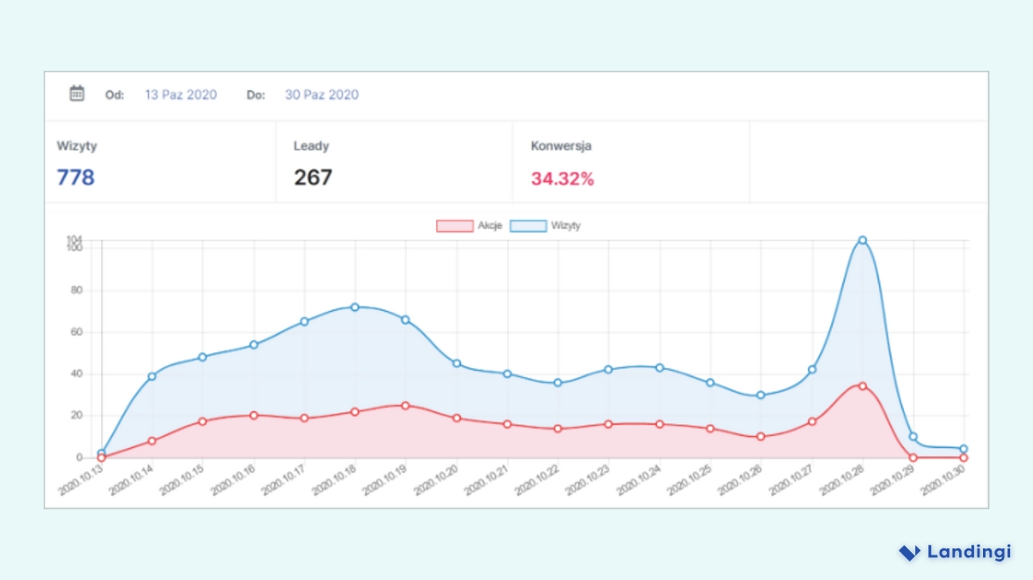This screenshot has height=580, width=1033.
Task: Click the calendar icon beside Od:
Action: pyautogui.click(x=77, y=93)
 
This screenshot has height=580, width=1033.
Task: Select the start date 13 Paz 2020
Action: pyautogui.click(x=180, y=95)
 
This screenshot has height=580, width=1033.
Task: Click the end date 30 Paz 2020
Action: pyautogui.click(x=321, y=95)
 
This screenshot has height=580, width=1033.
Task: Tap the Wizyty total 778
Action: pyautogui.click(x=76, y=178)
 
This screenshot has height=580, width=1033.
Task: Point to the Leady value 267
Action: pyautogui.click(x=312, y=178)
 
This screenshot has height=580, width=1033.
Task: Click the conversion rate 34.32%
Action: pyautogui.click(x=562, y=179)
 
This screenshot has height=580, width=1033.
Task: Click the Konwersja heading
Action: pyautogui.click(x=561, y=147)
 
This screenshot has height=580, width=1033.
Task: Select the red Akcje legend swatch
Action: pyautogui.click(x=455, y=226)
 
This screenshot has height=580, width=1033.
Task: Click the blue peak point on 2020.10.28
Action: pyautogui.click(x=862, y=240)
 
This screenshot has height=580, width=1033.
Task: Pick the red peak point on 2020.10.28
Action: pyautogui.click(x=862, y=386)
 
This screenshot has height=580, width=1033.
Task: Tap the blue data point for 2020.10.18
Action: pyautogui.click(x=355, y=307)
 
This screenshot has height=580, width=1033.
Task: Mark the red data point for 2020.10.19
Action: pyautogui.click(x=405, y=405)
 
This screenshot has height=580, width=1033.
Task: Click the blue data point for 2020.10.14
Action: pyautogui.click(x=152, y=376)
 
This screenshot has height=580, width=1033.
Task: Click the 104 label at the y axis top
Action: pyautogui.click(x=74, y=239)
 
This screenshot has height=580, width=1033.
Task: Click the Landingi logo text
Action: pyautogui.click(x=969, y=552)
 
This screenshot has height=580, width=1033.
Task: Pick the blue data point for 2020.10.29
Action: pyautogui.click(x=913, y=437)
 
